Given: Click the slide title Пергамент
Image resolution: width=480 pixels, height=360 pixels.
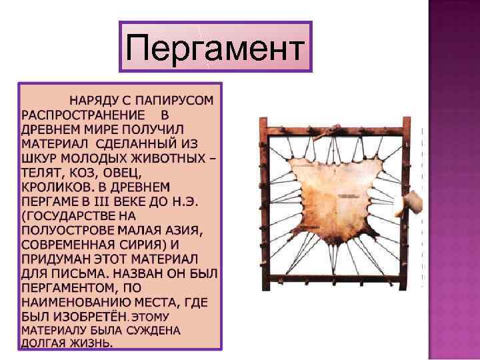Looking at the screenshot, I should point(215,47).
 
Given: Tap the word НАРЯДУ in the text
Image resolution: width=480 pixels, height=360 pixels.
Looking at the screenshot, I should point(94,101).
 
